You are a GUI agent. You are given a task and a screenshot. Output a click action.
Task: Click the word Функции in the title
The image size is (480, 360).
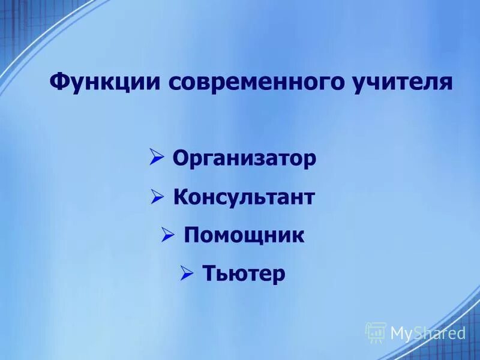point(102,81)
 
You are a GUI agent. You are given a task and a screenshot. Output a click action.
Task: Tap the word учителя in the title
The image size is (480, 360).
point(401,81)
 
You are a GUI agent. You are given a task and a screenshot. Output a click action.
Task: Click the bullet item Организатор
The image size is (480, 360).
point(244,159)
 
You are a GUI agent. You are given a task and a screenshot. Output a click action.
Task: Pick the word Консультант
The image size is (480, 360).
point(244,197)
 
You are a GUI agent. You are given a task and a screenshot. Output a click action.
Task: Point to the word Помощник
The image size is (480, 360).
point(244,235)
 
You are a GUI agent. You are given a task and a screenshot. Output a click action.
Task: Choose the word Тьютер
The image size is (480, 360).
point(244,274)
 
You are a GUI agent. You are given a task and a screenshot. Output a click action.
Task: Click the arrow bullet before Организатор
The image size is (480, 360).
point(157,158)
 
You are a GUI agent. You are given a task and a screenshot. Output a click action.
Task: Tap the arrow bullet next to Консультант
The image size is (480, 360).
point(157,196)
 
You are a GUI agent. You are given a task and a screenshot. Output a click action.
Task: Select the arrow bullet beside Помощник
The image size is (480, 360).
point(168,235)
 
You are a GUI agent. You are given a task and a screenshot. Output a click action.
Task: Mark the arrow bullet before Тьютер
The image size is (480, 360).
point(187,274)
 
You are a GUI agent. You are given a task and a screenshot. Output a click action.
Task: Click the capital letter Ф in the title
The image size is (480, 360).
point(58,81)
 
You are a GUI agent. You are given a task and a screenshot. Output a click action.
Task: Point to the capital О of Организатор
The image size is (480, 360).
point(180,159)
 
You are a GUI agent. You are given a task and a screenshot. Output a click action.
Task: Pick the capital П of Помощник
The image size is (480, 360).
point(191,235)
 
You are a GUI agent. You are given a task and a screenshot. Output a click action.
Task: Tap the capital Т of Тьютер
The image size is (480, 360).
point(208,274)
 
